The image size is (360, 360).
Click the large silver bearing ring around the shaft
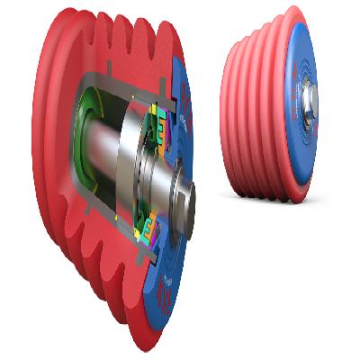coord(136,171)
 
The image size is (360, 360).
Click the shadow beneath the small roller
coord(270,200)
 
